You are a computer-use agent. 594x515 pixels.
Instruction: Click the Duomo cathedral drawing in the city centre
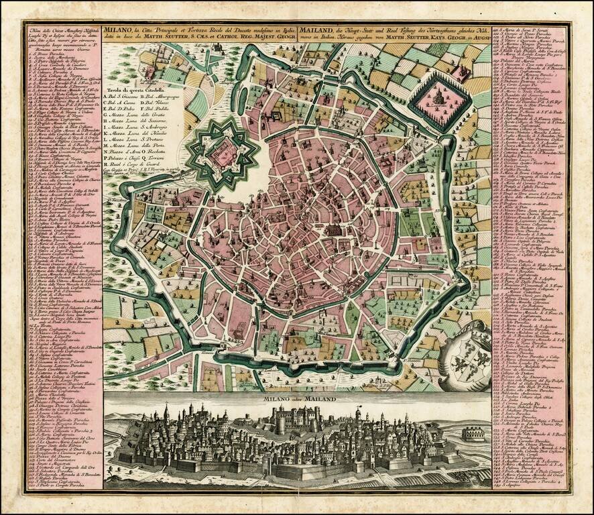pyautogui.click(x=333, y=230)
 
